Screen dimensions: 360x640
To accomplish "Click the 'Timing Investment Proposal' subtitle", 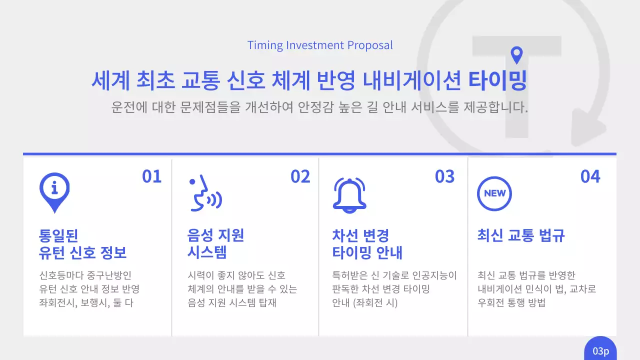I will tap(320, 45).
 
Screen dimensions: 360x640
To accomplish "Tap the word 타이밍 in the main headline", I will tap(497, 81).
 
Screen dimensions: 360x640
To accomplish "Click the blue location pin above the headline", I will tap(516, 55).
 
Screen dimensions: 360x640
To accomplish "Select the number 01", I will tap(152, 176).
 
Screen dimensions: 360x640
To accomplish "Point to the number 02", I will tap(300, 176).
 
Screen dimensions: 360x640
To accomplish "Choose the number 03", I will tap(444, 176).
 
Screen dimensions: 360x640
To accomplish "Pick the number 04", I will tap(590, 176).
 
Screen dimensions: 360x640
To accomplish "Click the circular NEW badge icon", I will tap(494, 193).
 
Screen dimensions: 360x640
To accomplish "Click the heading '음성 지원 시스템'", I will tap(215, 243).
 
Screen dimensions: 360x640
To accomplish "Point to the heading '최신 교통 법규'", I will tap(521, 235).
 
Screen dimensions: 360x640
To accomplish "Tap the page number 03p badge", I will tap(600, 350).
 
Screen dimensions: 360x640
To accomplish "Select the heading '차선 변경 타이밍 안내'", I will tap(367, 243).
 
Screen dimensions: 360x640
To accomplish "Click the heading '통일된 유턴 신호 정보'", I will tap(82, 243).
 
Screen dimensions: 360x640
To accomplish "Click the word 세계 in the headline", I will tap(110, 81).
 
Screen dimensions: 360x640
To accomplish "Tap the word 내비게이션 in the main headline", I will tap(411, 81).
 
